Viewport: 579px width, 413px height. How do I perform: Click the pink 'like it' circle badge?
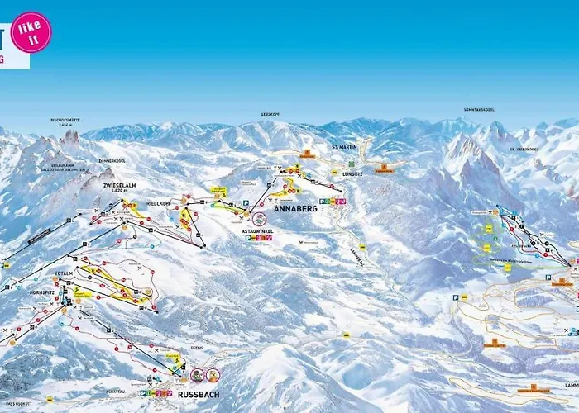32,31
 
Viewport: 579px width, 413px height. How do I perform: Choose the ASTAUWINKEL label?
256,231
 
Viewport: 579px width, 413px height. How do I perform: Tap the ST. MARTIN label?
342,146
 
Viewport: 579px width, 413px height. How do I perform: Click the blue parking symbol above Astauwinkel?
246,202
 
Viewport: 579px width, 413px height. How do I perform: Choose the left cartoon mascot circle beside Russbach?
198,374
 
